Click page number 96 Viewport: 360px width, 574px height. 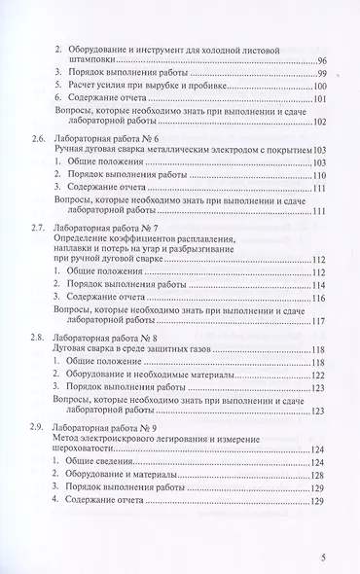click(322, 61)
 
